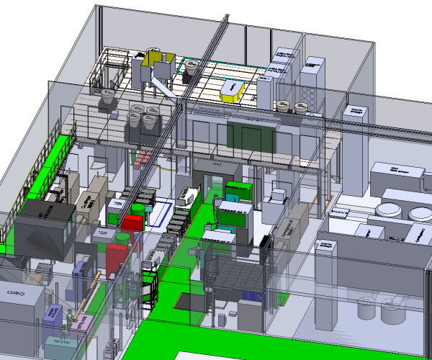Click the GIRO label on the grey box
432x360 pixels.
17,294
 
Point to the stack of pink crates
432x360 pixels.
143,158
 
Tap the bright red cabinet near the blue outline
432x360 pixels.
134,220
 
